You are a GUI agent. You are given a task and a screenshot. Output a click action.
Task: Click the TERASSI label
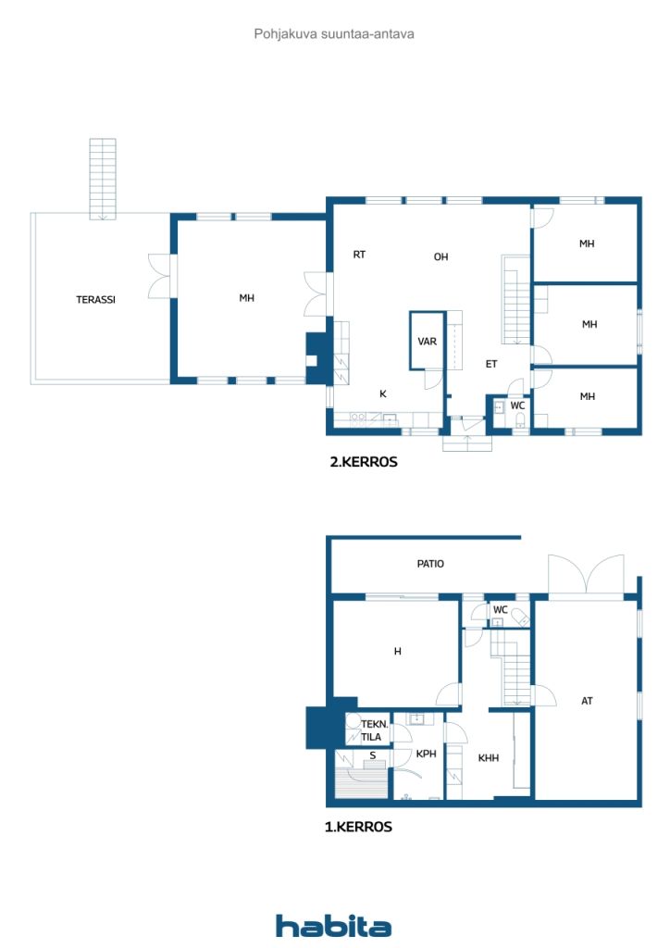[x=95, y=299]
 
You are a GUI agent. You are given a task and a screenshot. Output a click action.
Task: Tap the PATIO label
[x=430, y=564]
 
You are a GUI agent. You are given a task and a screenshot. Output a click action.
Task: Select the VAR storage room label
[x=428, y=342]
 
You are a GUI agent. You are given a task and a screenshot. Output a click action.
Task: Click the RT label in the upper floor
[x=359, y=255]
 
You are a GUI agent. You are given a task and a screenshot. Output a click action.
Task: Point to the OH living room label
[x=441, y=256]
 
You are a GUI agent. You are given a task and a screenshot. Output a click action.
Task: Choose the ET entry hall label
[x=491, y=364]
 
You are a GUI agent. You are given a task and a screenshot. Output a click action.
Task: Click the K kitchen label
[x=382, y=393]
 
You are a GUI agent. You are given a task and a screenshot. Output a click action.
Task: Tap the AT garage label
[x=587, y=701]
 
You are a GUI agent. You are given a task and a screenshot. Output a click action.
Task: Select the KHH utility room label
[x=488, y=757]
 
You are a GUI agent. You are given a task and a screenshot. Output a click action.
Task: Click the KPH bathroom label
[x=426, y=754]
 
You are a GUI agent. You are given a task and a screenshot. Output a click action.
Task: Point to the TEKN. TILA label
[x=374, y=730]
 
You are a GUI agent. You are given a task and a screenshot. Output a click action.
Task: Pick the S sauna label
[x=373, y=755]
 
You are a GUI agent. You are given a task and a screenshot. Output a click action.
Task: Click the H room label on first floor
[x=398, y=651]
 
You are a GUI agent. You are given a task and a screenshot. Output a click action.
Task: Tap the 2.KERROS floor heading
[x=364, y=462]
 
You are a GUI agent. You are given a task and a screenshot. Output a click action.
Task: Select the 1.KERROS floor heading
[x=358, y=827]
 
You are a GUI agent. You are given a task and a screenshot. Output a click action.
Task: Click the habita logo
[x=333, y=926]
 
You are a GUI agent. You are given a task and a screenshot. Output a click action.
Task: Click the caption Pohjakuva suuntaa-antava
[x=334, y=34]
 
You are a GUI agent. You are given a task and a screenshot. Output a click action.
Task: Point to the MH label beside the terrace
[x=246, y=297]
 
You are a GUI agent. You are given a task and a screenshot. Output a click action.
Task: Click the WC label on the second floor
[x=517, y=405]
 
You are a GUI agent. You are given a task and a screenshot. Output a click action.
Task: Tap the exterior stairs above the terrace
[x=103, y=179]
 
